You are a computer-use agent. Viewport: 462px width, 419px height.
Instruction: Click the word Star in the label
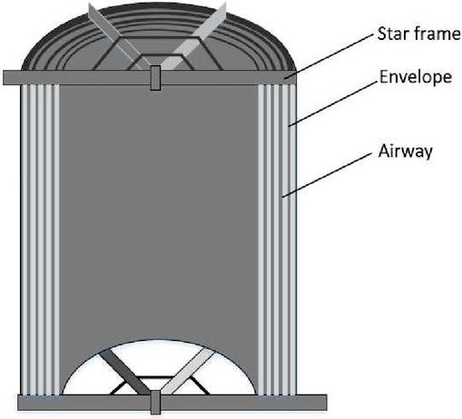click(393, 34)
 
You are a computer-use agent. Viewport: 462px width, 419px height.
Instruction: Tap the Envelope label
click(416, 77)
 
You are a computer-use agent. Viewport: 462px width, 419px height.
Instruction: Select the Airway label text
click(405, 151)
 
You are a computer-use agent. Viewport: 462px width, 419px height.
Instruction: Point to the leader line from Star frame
click(329, 56)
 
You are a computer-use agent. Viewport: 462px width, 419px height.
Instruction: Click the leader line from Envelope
click(333, 103)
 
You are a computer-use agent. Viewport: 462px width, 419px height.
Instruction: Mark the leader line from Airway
click(327, 175)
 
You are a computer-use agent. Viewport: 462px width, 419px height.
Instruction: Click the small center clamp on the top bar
click(155, 78)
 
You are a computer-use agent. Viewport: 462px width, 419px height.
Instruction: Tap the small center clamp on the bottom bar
click(155, 402)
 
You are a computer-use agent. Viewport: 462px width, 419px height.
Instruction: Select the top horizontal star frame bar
click(150, 78)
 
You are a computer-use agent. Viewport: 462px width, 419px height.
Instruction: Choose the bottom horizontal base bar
click(172, 403)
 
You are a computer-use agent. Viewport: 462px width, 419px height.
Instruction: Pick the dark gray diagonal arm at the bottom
click(124, 372)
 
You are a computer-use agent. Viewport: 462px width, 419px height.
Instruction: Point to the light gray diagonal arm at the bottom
click(188, 371)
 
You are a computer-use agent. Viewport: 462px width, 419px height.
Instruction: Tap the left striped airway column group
click(40, 239)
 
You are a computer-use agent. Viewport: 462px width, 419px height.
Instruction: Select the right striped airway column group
click(277, 239)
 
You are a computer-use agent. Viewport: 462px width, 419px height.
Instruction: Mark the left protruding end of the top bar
click(12, 78)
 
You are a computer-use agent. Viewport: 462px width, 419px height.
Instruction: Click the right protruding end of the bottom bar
click(312, 403)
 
